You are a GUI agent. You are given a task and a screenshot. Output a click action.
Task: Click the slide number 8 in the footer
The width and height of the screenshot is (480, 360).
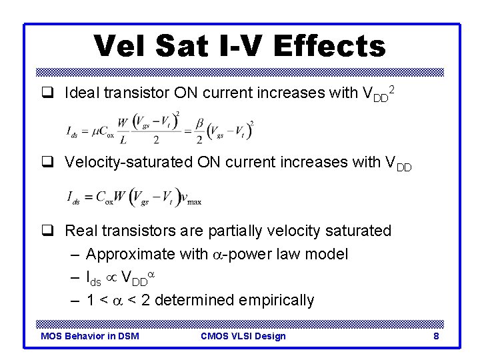click(436, 336)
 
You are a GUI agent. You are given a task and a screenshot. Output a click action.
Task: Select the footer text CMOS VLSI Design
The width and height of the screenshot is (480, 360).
click(243, 336)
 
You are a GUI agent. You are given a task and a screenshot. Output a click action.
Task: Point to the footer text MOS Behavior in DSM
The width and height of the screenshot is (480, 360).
click(90, 336)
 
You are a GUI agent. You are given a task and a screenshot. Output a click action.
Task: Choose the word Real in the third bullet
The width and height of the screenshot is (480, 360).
click(81, 231)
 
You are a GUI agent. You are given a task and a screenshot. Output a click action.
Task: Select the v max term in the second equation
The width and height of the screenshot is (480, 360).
click(193, 198)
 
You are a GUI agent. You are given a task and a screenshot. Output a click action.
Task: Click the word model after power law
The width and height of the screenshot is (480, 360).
click(327, 255)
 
